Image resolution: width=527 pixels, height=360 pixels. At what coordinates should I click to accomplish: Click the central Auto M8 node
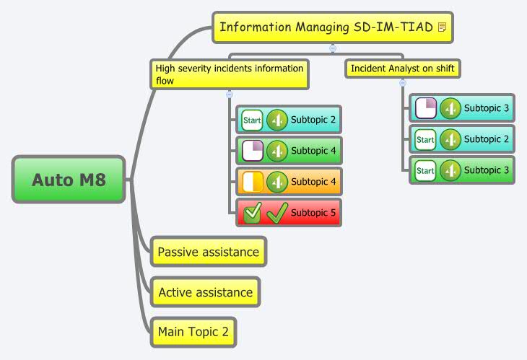[x=69, y=180]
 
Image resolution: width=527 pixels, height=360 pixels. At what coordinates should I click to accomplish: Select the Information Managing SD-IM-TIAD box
[x=333, y=27]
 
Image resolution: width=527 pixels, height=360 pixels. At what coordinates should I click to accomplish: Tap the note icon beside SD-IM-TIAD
[x=443, y=27]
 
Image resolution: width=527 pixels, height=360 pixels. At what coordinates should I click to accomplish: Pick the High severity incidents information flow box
[x=230, y=74]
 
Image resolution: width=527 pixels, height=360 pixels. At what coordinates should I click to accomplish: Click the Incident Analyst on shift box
[x=403, y=69]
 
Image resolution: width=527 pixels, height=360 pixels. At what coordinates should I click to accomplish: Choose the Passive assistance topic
[x=209, y=252]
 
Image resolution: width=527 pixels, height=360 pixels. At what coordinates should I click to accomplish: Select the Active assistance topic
[x=205, y=292]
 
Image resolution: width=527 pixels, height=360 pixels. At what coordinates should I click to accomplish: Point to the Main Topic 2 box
[x=193, y=332]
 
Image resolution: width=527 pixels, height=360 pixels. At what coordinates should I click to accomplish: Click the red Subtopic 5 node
[x=289, y=213]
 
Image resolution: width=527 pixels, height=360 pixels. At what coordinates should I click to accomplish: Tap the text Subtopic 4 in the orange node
[x=313, y=182]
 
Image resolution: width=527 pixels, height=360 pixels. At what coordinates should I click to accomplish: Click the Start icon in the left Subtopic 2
[x=252, y=120]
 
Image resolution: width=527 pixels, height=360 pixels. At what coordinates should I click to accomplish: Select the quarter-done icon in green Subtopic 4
[x=253, y=151]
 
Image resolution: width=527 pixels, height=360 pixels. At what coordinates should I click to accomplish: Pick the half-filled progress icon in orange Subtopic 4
[x=253, y=182]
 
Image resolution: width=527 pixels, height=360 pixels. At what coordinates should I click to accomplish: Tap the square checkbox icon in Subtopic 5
[x=253, y=213]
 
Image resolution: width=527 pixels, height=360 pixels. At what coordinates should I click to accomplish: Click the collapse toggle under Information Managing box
[x=333, y=48]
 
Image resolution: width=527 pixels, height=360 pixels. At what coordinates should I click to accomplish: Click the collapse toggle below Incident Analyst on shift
[x=403, y=83]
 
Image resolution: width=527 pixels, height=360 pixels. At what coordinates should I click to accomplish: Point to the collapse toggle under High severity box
[x=230, y=95]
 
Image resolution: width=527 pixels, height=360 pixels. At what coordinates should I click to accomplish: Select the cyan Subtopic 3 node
[x=462, y=108]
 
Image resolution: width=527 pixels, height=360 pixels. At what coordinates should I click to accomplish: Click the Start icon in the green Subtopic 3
[x=425, y=170]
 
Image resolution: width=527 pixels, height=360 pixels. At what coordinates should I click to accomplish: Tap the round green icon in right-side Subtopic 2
[x=450, y=139]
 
